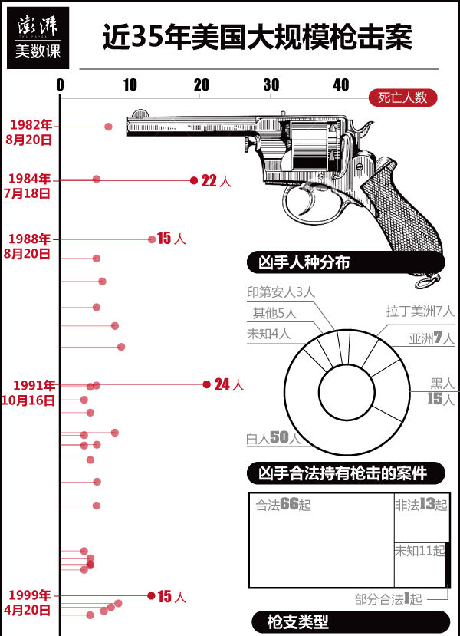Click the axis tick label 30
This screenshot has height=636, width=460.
(271, 84)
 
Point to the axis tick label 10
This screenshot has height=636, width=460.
(130, 84)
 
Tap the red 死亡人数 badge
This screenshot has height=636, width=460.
(402, 97)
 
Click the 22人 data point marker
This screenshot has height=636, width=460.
(194, 180)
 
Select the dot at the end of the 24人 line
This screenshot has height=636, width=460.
(206, 384)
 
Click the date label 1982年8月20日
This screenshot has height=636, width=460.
(29, 132)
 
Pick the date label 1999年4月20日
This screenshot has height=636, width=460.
(28, 602)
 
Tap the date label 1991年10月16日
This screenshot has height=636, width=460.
(28, 393)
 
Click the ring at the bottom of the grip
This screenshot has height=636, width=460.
(427, 281)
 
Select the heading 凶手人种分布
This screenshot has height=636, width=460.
(304, 262)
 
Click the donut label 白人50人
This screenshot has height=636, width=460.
(273, 438)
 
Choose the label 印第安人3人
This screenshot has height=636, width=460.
(281, 292)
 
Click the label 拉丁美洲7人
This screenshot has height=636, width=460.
(420, 311)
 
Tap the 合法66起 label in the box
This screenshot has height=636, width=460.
(284, 504)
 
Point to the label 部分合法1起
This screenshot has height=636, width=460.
(388, 599)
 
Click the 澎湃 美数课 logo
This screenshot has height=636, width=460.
(38, 38)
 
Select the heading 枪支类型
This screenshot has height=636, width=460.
(297, 621)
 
